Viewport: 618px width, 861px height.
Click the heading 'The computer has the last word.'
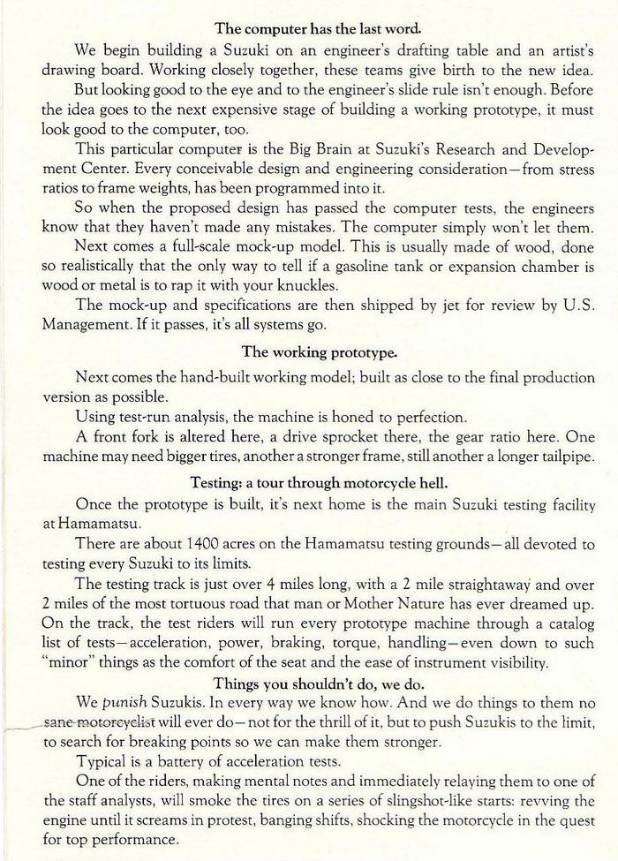[x=309, y=26]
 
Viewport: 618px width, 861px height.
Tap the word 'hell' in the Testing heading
[x=411, y=483]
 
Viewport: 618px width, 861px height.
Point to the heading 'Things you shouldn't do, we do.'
[x=309, y=683]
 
